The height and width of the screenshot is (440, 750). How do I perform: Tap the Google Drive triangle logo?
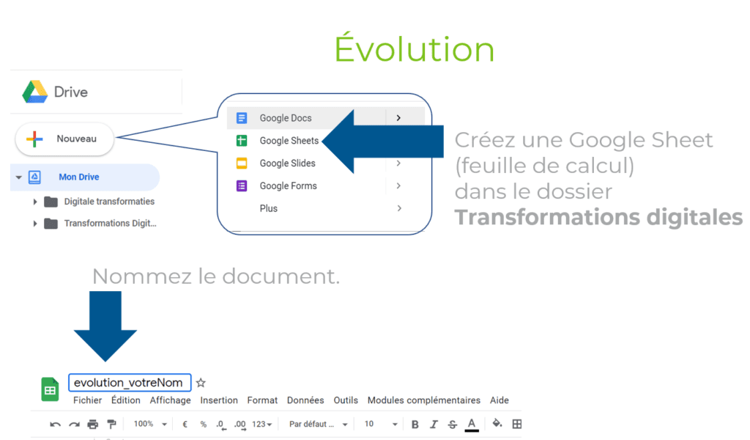(x=35, y=92)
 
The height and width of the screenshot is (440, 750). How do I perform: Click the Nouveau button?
(x=64, y=139)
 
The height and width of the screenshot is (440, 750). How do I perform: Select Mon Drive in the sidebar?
(x=79, y=177)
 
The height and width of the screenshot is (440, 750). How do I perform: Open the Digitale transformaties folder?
(x=109, y=202)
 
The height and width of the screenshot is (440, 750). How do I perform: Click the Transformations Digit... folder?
(x=110, y=224)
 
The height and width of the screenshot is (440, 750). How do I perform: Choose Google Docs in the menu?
(x=286, y=118)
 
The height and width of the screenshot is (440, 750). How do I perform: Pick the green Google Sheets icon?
(x=242, y=141)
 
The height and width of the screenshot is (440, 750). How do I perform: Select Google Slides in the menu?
(x=287, y=164)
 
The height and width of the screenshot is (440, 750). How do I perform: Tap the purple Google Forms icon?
(x=242, y=186)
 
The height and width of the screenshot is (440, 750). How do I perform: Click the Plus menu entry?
(x=268, y=208)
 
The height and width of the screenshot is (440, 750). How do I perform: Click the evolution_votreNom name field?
(x=130, y=383)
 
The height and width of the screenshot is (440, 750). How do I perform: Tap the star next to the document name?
(x=201, y=383)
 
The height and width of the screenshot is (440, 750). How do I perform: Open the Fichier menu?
(x=87, y=400)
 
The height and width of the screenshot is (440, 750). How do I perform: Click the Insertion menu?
(x=218, y=400)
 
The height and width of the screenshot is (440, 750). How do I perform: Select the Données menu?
(x=305, y=400)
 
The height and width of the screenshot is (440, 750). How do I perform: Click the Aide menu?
(x=500, y=400)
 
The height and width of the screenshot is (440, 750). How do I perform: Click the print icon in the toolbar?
(x=93, y=424)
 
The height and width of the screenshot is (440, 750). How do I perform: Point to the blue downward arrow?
(x=105, y=326)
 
